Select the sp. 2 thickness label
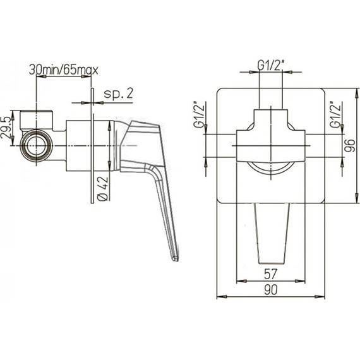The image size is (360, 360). (118, 93)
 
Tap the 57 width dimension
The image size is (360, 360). (272, 273)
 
